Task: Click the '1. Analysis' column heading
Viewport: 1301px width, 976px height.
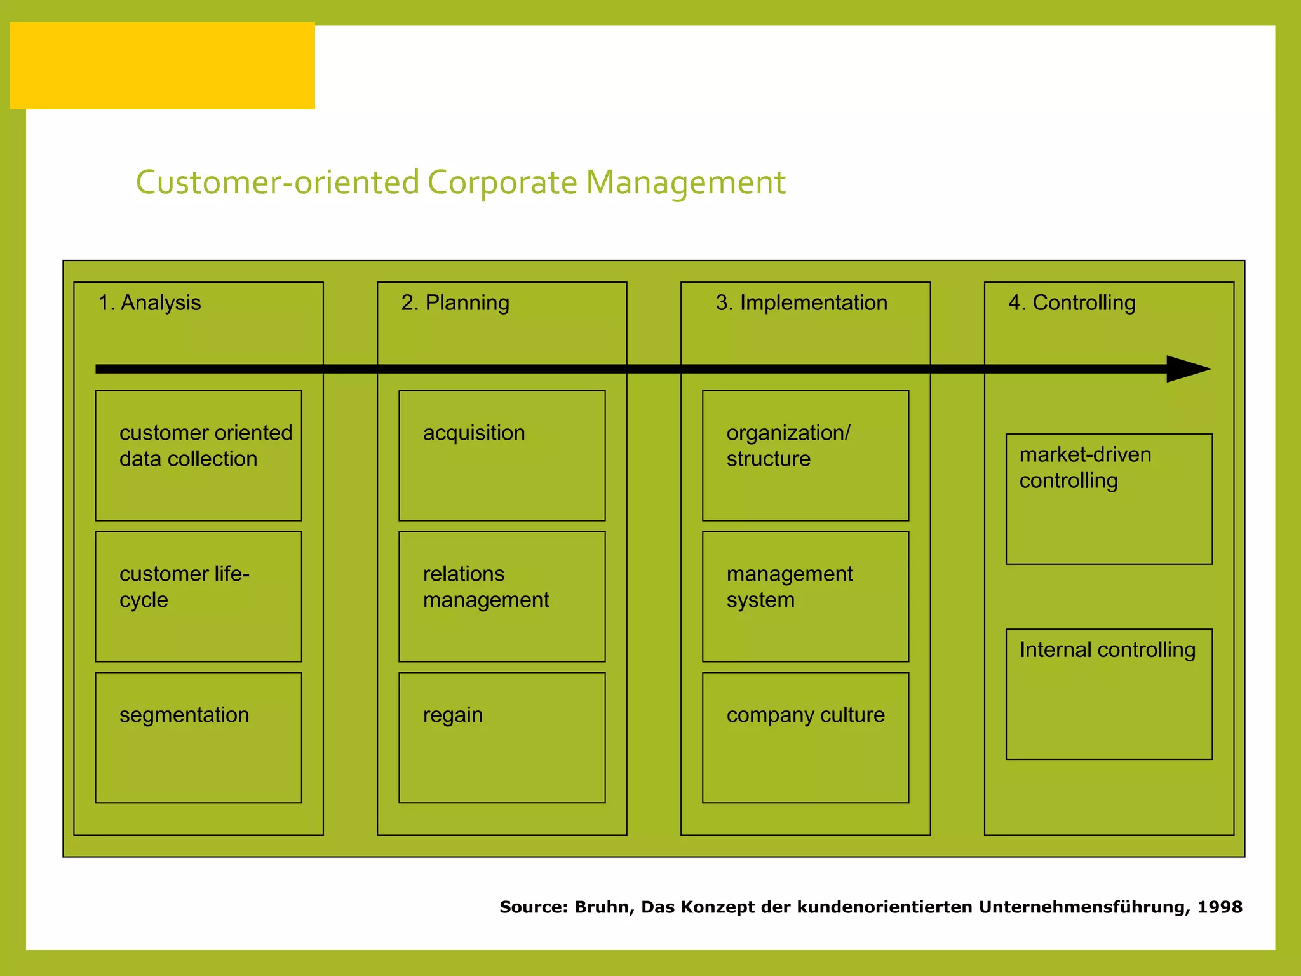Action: click(149, 303)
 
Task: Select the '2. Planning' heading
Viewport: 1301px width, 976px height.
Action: click(455, 303)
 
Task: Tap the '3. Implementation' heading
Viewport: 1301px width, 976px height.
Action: click(801, 303)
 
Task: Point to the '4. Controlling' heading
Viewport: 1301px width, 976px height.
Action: click(1072, 303)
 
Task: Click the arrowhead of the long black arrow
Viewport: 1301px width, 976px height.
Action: click(1188, 369)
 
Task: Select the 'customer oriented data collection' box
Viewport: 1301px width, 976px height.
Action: click(198, 456)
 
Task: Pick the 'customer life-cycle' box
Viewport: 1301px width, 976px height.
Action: click(198, 597)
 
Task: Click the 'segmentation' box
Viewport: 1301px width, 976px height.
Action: click(198, 738)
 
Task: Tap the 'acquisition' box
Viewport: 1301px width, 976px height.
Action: click(502, 456)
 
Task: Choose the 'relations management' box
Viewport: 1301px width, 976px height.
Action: click(502, 597)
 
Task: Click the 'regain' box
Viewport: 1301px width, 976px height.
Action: click(502, 738)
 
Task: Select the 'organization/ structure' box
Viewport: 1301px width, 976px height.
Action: click(806, 456)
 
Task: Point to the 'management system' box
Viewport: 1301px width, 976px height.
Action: click(806, 597)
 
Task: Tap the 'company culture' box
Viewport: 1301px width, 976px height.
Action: click(806, 738)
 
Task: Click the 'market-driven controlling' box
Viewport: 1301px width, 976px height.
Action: click(1109, 499)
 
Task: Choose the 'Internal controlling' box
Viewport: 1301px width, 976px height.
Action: click(1109, 694)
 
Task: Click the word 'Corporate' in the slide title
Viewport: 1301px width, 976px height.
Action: click(502, 183)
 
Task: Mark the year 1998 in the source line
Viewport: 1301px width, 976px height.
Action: click(1220, 907)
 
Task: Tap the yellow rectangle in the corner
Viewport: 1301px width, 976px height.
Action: click(163, 65)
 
